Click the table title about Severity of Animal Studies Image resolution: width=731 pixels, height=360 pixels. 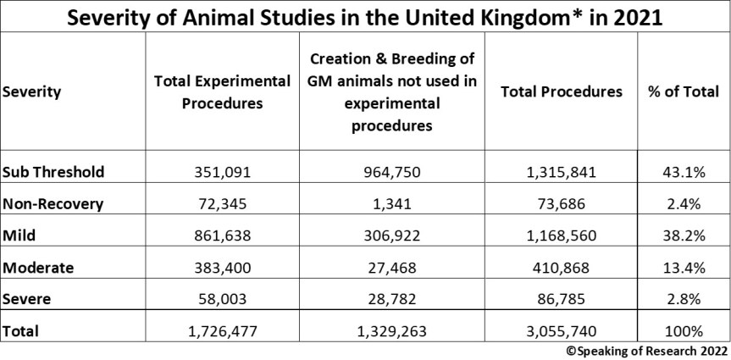(365, 17)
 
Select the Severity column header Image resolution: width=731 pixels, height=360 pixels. (32, 92)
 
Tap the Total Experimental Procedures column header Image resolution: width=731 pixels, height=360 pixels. (222, 92)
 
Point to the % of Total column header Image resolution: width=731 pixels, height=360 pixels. (683, 92)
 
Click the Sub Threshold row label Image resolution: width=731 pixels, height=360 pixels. (53, 172)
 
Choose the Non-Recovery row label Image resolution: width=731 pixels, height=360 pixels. (53, 204)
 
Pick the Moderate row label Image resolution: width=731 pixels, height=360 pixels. (39, 268)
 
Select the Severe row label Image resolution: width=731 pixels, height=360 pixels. (27, 299)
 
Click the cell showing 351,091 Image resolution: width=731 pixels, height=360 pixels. (222, 172)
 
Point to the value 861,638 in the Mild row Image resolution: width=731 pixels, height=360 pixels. (222, 236)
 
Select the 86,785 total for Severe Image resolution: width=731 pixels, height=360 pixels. (562, 299)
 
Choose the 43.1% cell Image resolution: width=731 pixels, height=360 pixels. (683, 172)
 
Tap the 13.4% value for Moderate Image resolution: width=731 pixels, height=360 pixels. (683, 268)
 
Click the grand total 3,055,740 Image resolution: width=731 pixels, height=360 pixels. (562, 331)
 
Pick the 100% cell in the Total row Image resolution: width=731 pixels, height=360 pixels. (683, 331)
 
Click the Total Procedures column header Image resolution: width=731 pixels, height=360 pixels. (562, 92)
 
